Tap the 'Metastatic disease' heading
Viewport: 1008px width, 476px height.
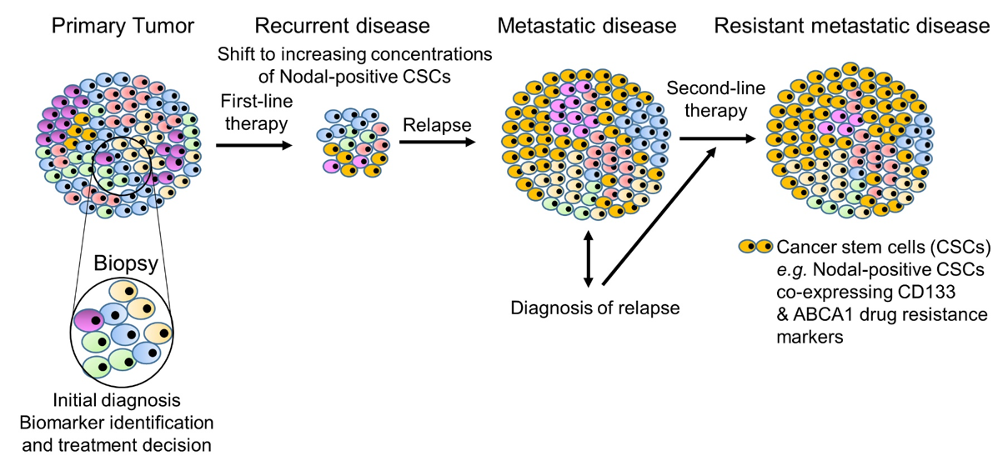[x=586, y=26]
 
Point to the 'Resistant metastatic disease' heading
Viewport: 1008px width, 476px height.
[x=851, y=26]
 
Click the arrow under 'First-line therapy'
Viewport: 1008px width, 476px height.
[x=253, y=145]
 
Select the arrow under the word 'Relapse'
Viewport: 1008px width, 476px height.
[x=437, y=143]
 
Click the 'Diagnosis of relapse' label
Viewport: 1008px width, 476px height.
[x=595, y=308]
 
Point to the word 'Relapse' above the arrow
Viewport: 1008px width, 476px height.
[x=437, y=126]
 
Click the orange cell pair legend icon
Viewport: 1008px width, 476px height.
[x=755, y=247]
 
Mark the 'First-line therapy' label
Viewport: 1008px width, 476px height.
[x=254, y=112]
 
